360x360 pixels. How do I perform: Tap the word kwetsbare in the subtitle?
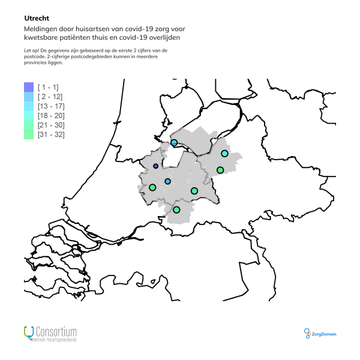tap(43, 38)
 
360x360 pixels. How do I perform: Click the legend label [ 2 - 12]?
tap(49, 97)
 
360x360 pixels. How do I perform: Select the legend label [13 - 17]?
tap(50, 106)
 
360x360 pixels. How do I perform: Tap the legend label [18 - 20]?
tap(50, 116)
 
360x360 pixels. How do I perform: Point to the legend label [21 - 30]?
tap(50, 125)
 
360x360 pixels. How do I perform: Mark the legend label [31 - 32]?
tap(50, 135)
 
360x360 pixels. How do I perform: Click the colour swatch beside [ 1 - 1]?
tap(28, 87)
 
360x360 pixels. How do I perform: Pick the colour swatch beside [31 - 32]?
tap(28, 135)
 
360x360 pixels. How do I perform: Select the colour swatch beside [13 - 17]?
tap(28, 106)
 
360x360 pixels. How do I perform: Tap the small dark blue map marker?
tap(156, 166)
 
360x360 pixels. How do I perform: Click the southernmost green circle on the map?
tap(176, 209)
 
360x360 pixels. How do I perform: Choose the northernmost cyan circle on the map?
tap(174, 143)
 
